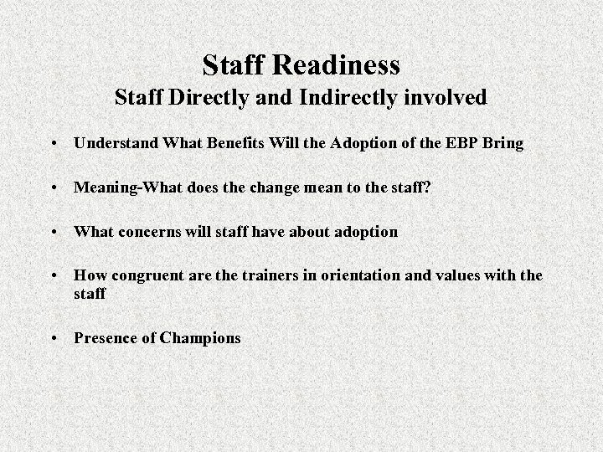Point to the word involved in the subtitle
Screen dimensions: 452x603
444,98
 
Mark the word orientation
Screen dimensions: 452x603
365,275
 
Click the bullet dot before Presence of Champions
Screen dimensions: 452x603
54,339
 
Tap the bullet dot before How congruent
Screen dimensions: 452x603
54,275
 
